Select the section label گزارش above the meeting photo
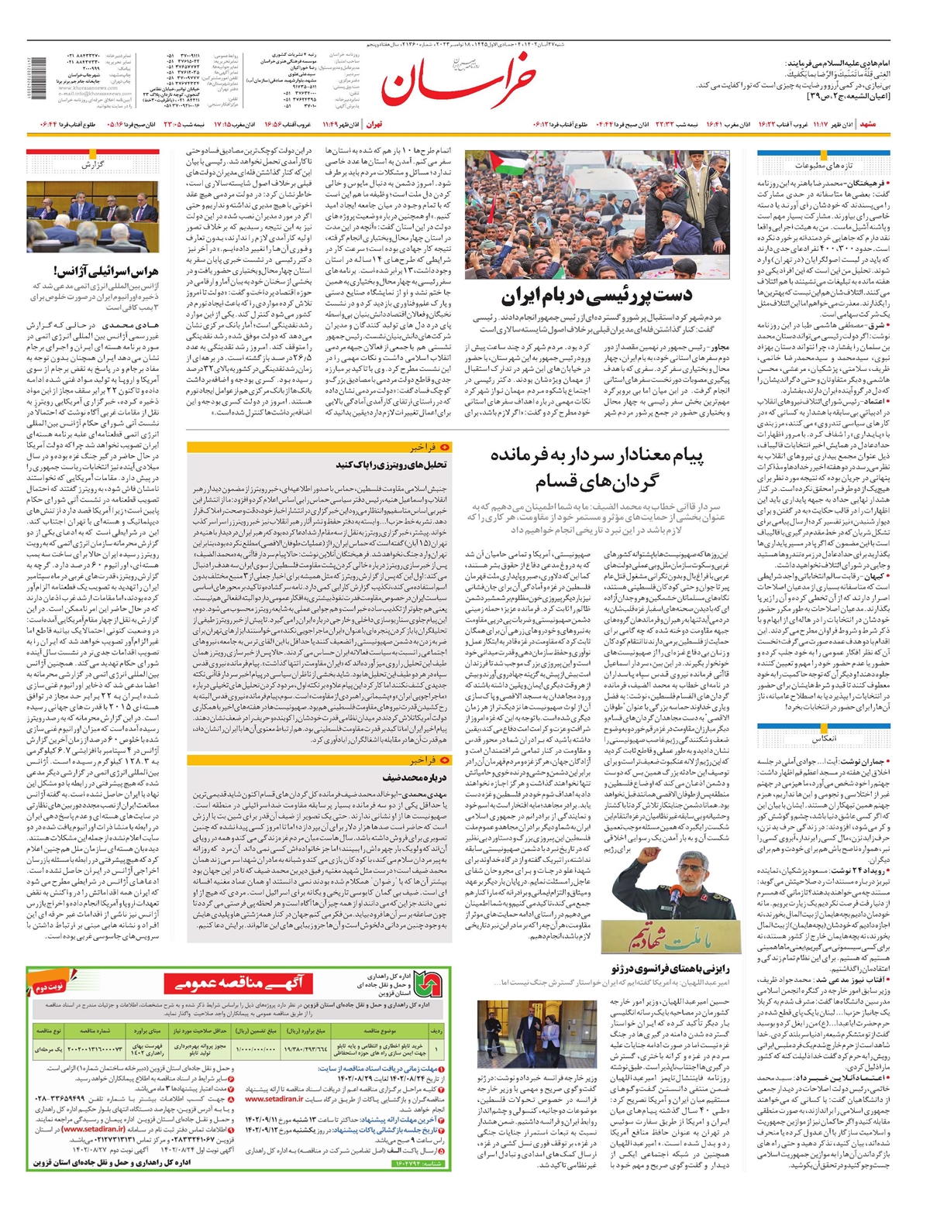92,165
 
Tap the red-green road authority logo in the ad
425,984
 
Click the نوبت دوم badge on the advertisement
49,987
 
